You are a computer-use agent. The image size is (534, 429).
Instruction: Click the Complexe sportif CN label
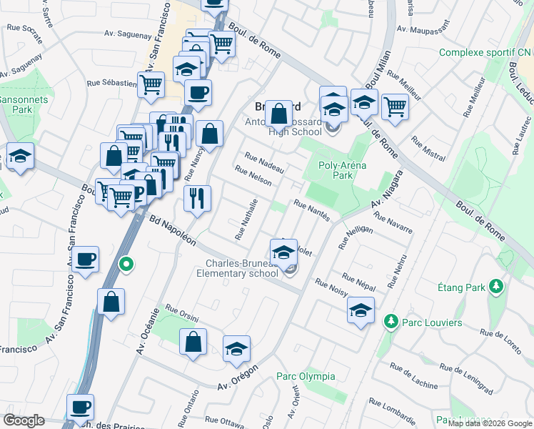click(485, 53)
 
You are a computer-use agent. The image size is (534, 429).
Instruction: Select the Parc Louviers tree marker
click(390, 322)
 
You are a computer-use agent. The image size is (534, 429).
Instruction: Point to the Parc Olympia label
click(306, 376)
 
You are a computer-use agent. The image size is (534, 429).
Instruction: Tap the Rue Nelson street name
click(253, 176)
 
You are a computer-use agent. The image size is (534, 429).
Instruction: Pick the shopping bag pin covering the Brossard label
click(278, 113)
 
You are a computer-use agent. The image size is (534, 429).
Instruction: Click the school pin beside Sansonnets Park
click(20, 157)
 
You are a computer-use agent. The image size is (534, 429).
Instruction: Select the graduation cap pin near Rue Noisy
click(361, 310)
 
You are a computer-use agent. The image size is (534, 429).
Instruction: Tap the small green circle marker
click(126, 265)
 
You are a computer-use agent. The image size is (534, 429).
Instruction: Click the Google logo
click(24, 420)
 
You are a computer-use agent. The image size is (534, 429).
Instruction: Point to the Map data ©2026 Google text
click(490, 423)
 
